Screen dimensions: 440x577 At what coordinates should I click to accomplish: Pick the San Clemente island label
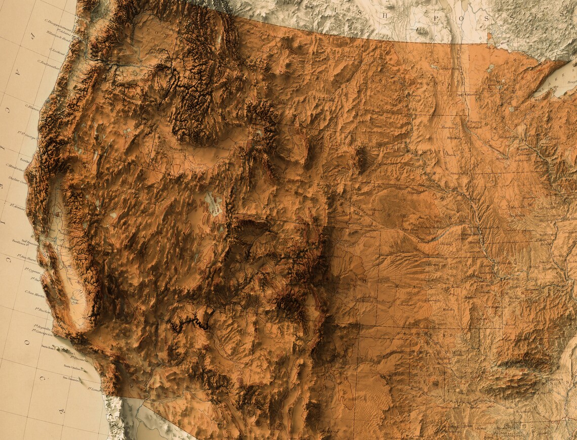point(71,378)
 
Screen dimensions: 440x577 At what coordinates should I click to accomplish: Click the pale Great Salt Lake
point(215,205)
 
